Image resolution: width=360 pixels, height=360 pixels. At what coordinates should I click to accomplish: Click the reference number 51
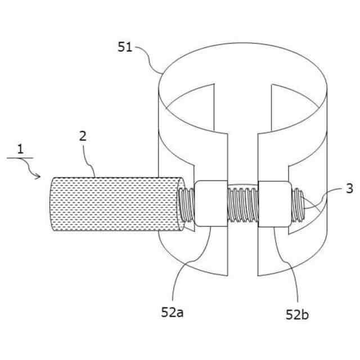coord(125,47)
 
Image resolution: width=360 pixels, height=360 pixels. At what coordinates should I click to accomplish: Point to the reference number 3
coord(349,189)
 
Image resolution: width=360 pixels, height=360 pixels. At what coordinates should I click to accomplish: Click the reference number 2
coord(83,135)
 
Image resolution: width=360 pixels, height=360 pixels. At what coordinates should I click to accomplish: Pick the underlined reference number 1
coord(20,149)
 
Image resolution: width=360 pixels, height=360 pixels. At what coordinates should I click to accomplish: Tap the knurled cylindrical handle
coord(112,204)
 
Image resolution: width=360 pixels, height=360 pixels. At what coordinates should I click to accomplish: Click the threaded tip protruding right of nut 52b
coord(299,205)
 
